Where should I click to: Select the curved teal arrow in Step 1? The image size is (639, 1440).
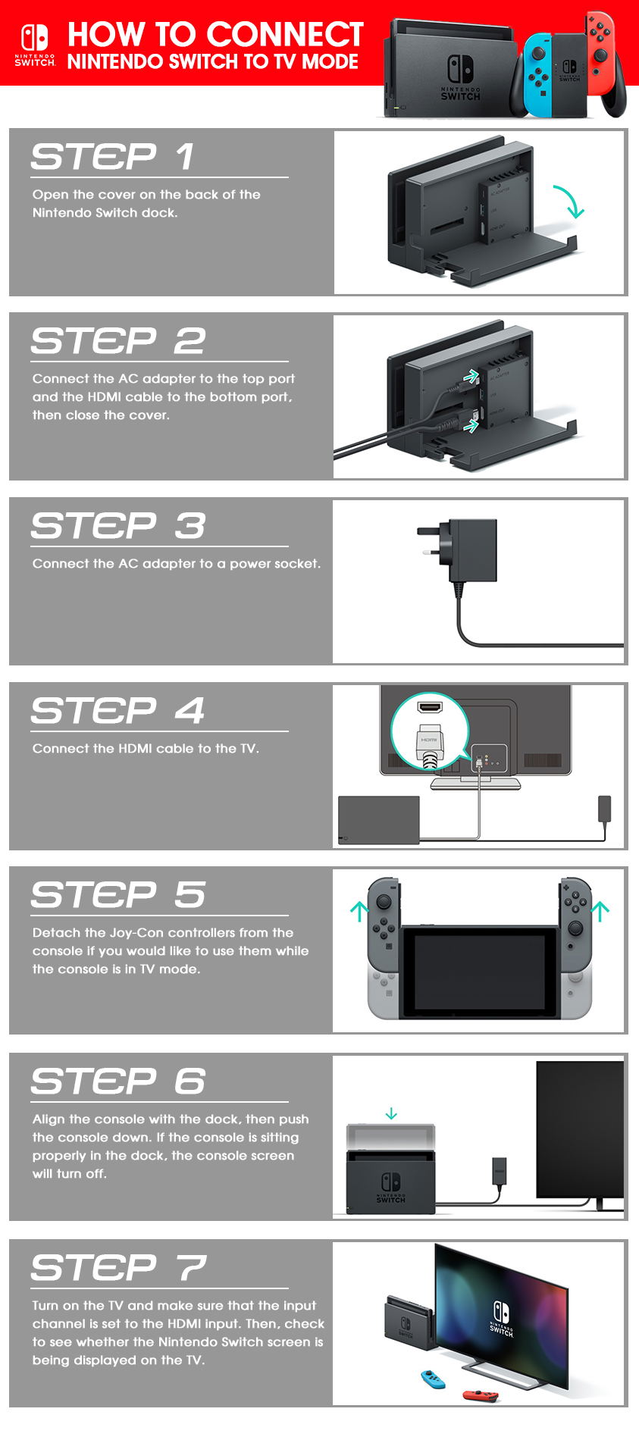[x=569, y=200]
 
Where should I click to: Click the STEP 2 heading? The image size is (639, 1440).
[x=118, y=341]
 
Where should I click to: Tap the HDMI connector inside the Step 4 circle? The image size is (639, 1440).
[x=429, y=745]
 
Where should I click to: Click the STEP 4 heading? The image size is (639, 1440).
[x=118, y=711]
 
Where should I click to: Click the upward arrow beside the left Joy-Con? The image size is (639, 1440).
[x=359, y=909]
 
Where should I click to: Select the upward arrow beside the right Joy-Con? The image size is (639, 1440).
[x=600, y=909]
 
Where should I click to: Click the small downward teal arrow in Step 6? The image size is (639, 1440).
[x=391, y=1113]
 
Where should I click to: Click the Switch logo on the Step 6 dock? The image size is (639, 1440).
[x=391, y=1188]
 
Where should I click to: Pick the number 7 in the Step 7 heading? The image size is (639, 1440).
[x=191, y=1268]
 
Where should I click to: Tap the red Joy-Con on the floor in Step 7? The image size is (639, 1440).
[x=481, y=1395]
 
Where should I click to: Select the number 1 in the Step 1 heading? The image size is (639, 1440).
[x=185, y=157]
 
